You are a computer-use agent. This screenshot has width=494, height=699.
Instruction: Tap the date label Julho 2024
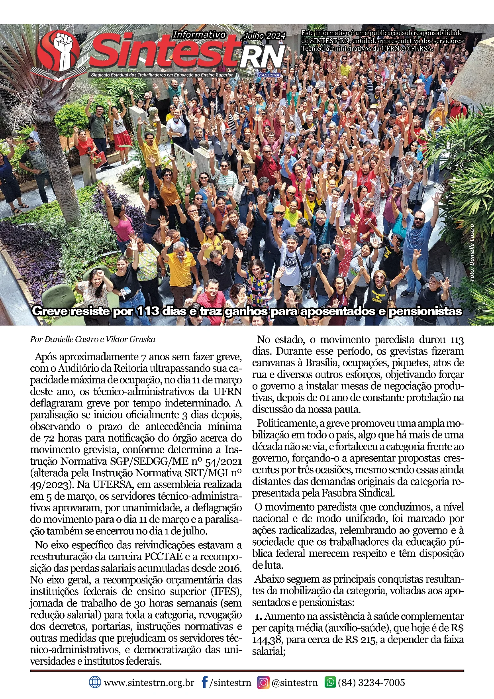coord(265,36)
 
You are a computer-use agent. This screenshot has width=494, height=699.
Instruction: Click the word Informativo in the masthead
coord(199,35)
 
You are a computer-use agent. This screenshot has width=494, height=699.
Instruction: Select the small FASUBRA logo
coord(269,75)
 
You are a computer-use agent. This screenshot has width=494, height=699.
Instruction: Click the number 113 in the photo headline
coord(148,311)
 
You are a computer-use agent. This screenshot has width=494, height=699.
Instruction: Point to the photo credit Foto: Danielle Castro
coord(472,253)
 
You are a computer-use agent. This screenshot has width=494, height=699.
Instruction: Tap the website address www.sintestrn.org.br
coord(149,683)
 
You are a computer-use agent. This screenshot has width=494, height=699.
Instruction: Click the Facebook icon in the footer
coord(204,682)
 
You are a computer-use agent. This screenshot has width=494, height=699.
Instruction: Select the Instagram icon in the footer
coord(263,682)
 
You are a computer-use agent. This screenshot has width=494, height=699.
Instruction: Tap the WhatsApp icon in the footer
coord(330,682)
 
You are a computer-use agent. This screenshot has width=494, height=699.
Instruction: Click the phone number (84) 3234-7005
coord(371,683)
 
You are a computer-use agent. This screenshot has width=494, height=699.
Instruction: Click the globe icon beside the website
coord(95,682)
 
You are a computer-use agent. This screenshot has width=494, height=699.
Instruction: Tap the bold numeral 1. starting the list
coord(259,617)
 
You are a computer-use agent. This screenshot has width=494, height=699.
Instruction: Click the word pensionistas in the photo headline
coord(425,311)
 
